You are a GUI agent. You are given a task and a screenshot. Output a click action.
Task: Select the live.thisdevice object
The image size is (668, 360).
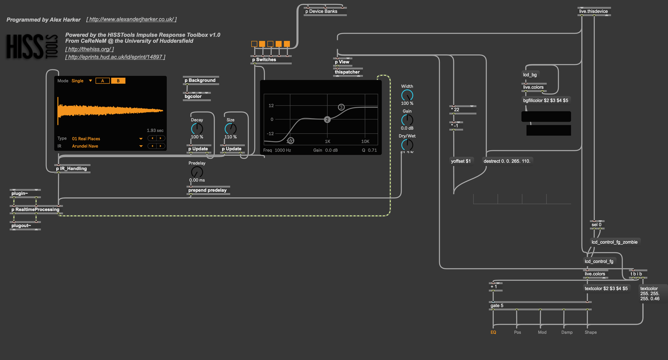tap(593, 11)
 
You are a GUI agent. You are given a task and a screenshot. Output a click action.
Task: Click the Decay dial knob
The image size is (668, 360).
tap(197, 129)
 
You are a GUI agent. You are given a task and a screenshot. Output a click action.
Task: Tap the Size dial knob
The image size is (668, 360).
tap(230, 129)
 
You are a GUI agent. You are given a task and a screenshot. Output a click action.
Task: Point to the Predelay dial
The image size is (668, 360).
tap(197, 172)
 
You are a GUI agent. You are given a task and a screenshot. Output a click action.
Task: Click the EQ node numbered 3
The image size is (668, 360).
tap(341, 107)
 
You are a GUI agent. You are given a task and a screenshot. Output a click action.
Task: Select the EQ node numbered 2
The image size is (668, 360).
tap(327, 119)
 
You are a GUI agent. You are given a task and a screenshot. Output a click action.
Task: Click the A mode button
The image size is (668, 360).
tap(103, 81)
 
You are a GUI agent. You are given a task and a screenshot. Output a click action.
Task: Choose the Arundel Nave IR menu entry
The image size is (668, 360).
tap(85, 146)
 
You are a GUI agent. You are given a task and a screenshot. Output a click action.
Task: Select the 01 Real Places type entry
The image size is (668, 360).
tap(86, 139)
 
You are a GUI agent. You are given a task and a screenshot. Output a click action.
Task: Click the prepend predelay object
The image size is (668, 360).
tap(207, 190)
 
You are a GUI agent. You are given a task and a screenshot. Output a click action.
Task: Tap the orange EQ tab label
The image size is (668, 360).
tap(493, 332)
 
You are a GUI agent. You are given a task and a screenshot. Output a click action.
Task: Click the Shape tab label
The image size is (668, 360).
tap(590, 332)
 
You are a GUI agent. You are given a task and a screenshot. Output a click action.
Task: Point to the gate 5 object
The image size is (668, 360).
tap(497, 306)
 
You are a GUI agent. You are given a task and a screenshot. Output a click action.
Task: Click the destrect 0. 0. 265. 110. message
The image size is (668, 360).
tap(507, 161)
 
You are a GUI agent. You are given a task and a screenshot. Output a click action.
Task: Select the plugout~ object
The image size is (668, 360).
tap(21, 226)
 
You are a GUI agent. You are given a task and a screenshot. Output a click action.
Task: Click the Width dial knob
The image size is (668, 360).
tap(407, 95)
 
